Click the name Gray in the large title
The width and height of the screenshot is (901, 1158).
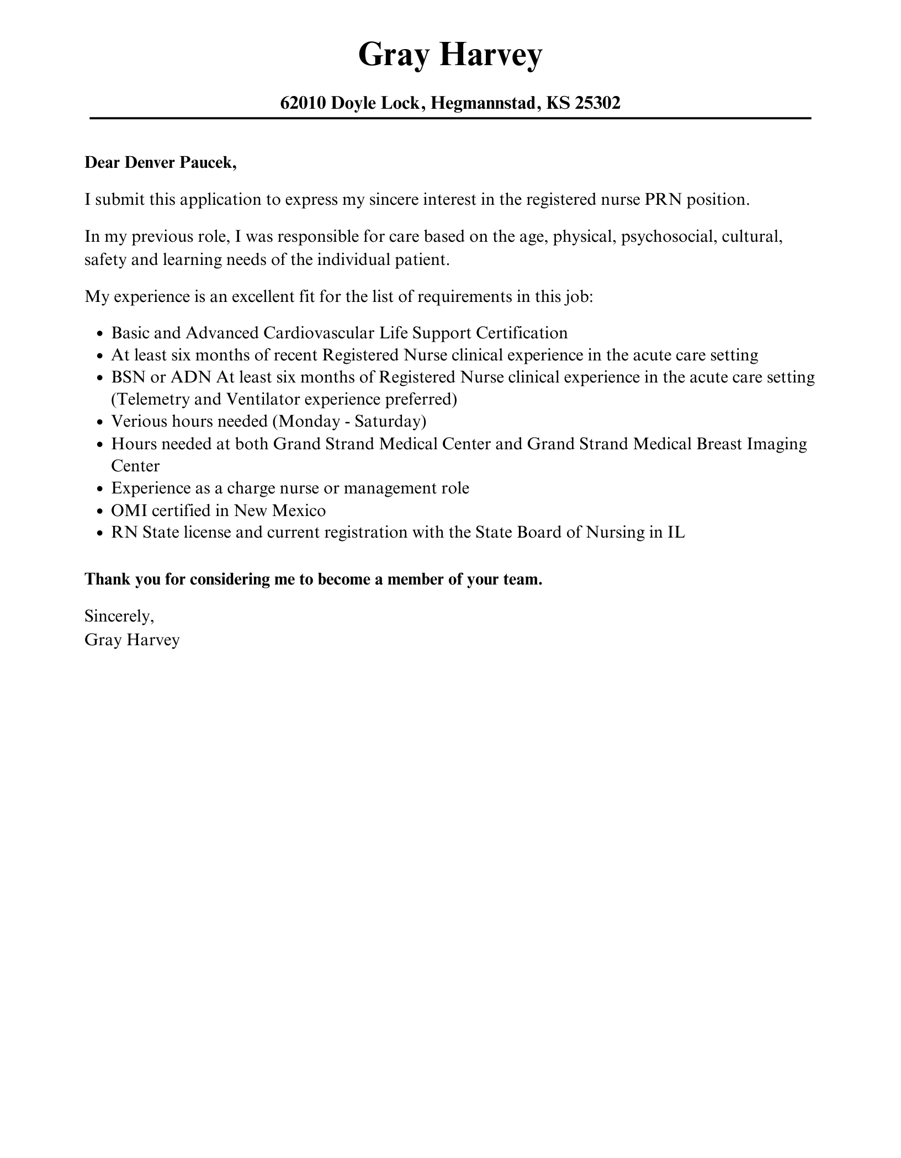click(393, 55)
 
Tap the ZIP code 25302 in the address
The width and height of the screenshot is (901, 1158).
click(598, 103)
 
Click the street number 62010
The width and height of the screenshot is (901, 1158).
click(303, 103)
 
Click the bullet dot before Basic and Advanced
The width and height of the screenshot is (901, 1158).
click(99, 334)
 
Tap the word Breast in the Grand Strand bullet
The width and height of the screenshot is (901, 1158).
click(719, 444)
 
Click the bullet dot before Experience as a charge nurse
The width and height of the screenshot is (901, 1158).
click(99, 489)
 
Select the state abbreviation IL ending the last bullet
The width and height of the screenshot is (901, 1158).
click(676, 533)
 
